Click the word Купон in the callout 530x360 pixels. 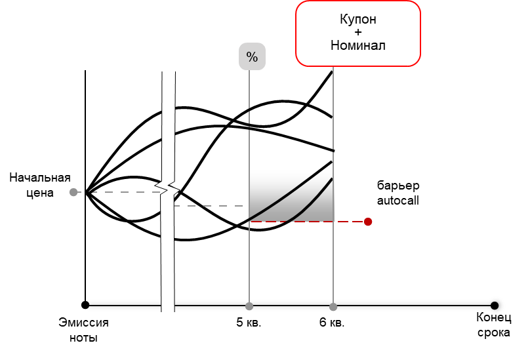pyautogui.click(x=357, y=19)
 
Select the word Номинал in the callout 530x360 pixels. pyautogui.click(x=357, y=46)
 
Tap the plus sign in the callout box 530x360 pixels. pyautogui.click(x=357, y=33)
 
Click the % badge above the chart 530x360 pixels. pyautogui.click(x=252, y=57)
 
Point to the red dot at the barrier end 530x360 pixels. pyautogui.click(x=368, y=222)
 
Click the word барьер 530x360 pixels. pyautogui.click(x=398, y=185)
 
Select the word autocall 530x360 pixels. pyautogui.click(x=398, y=197)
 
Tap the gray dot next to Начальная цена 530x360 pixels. pyautogui.click(x=73, y=192)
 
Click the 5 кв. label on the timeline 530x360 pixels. pyautogui.click(x=249, y=322)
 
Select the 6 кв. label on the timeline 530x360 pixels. pyautogui.click(x=332, y=322)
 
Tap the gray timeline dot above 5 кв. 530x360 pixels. pyautogui.click(x=249, y=306)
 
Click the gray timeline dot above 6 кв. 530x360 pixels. pyautogui.click(x=333, y=306)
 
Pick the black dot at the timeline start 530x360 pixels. pyautogui.click(x=85, y=305)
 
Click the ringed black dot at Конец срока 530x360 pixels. pyautogui.click(x=495, y=305)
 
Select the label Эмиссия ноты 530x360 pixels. pyautogui.click(x=83, y=330)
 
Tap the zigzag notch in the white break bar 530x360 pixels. pyautogui.click(x=168, y=190)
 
